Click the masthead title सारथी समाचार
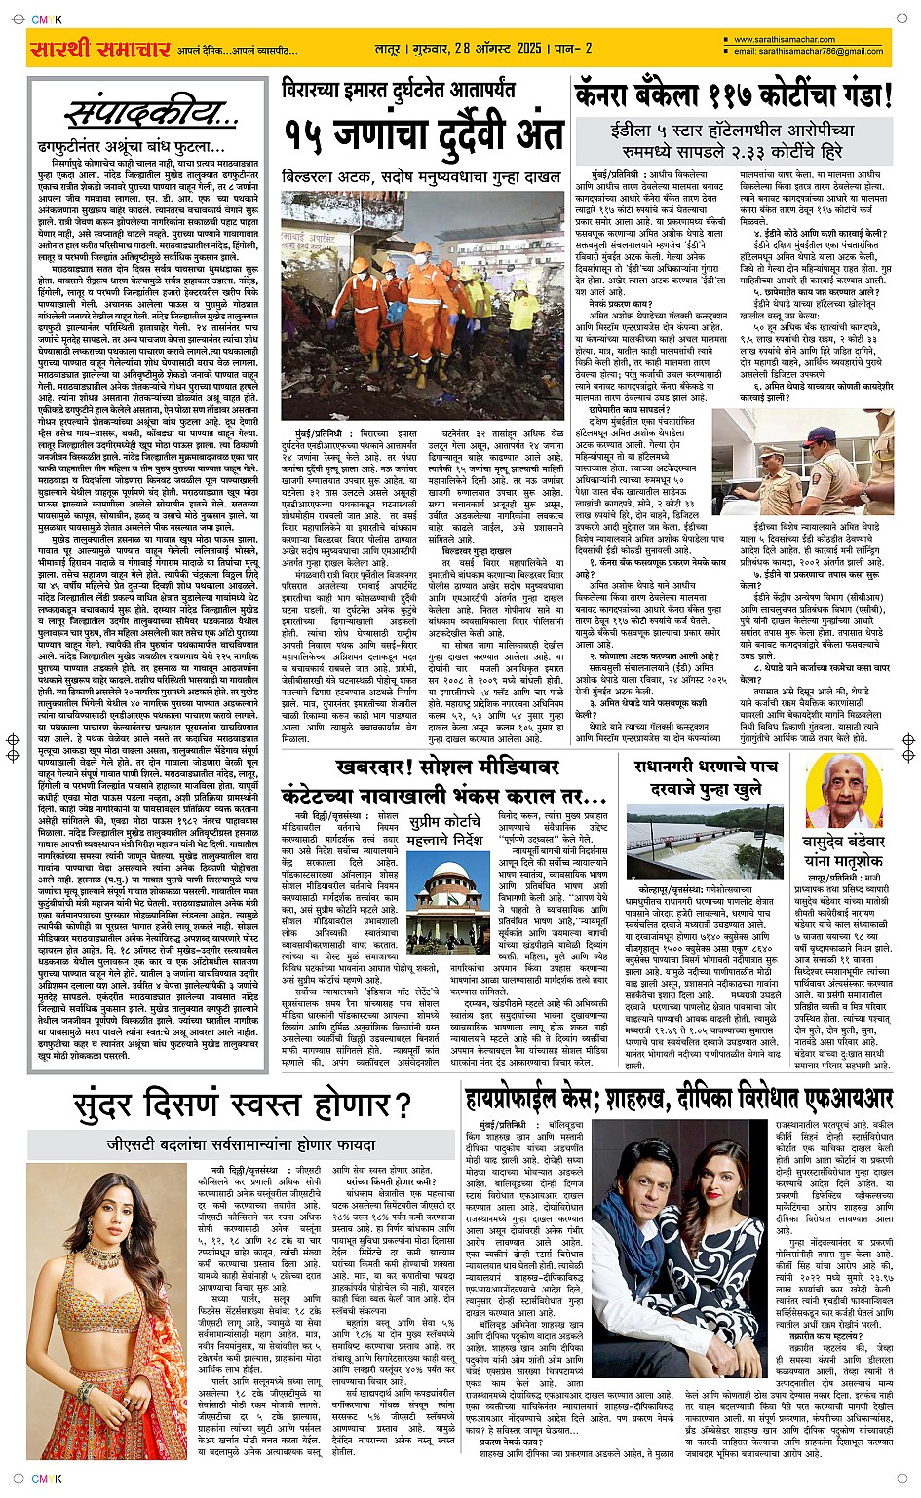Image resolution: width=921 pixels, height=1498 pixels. click(x=100, y=49)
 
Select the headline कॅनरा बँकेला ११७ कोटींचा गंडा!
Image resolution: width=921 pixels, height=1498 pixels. click(x=733, y=95)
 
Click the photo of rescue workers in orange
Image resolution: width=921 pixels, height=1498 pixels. click(x=422, y=305)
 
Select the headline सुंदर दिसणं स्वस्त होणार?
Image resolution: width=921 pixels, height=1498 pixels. click(x=242, y=1105)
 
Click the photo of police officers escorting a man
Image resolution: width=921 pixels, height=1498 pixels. click(x=803, y=468)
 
